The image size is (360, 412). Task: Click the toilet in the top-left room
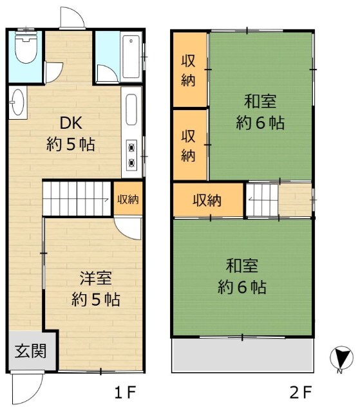point(26,50)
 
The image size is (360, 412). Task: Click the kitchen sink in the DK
point(131,111)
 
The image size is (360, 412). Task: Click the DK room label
point(71,133)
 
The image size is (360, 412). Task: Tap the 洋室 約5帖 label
point(95,289)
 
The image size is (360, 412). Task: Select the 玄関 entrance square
point(30,351)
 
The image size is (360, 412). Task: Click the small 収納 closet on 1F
point(128,199)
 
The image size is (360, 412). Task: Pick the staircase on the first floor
point(77,198)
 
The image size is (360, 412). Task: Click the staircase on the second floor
point(262,200)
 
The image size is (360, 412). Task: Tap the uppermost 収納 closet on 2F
point(188,70)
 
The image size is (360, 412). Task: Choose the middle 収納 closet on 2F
point(188,145)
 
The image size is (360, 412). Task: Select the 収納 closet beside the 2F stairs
point(207,200)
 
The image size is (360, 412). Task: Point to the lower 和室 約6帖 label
point(243,276)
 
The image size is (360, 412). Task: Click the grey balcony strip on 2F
point(242,355)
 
